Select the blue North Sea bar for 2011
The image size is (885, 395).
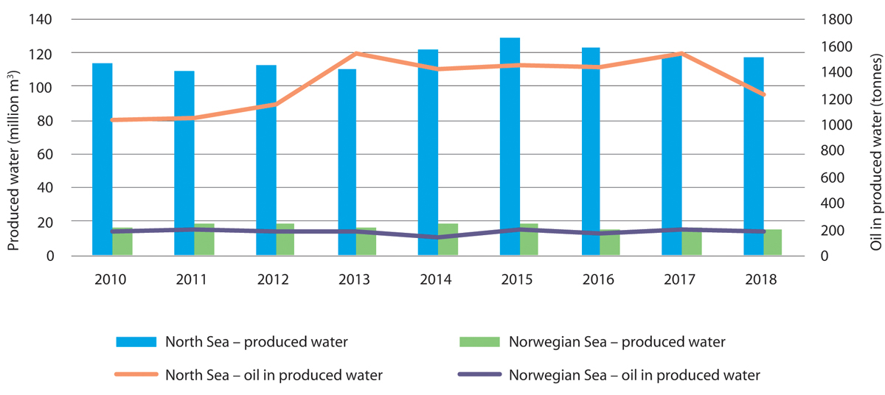pos(184,163)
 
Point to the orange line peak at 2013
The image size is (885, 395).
pos(356,54)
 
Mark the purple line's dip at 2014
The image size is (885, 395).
pos(437,237)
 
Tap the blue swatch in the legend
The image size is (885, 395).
pos(136,342)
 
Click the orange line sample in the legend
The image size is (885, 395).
pos(136,374)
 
